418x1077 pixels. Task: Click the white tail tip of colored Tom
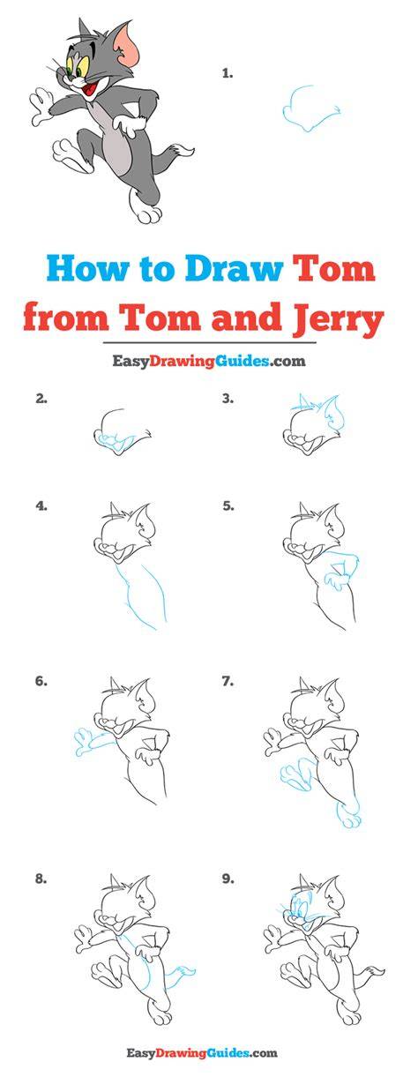pyautogui.click(x=186, y=152)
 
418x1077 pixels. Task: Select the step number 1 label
pyautogui.click(x=228, y=73)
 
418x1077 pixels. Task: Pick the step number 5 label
pyautogui.click(x=228, y=505)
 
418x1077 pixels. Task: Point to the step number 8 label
pyautogui.click(x=41, y=879)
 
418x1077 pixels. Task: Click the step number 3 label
pyautogui.click(x=228, y=398)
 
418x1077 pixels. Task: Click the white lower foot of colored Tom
pyautogui.click(x=146, y=210)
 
